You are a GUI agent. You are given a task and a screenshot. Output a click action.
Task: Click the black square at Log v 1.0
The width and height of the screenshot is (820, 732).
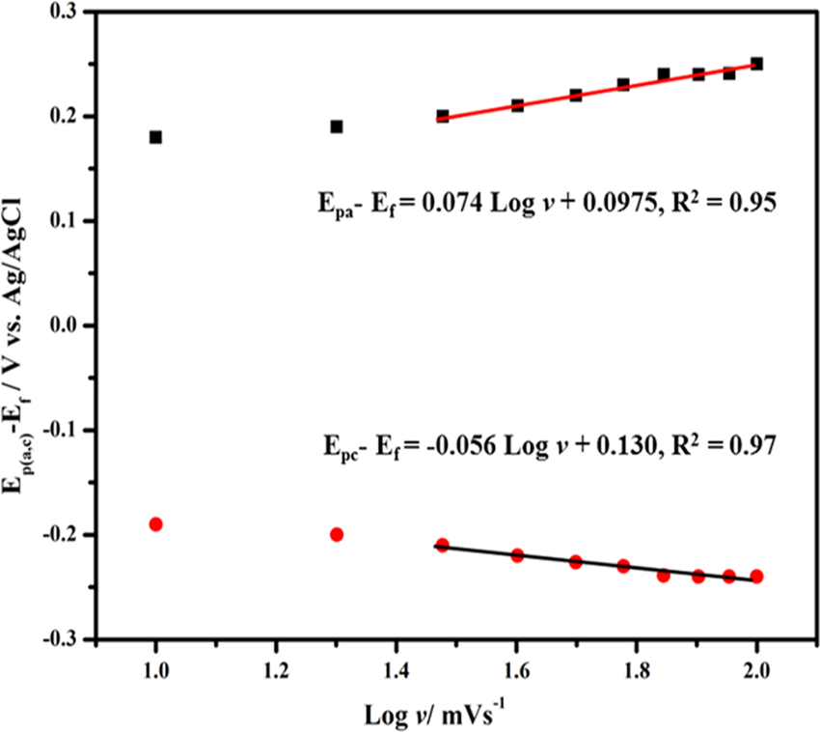pyautogui.click(x=155, y=137)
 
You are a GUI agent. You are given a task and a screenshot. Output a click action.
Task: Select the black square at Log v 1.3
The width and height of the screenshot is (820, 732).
pyautogui.click(x=337, y=127)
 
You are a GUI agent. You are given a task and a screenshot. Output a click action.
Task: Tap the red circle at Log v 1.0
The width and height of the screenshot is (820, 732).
pyautogui.click(x=155, y=524)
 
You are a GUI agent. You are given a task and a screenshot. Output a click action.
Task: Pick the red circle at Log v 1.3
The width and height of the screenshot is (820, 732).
pyautogui.click(x=337, y=534)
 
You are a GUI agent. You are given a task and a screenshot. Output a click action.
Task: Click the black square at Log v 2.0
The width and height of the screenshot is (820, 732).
pyautogui.click(x=756, y=64)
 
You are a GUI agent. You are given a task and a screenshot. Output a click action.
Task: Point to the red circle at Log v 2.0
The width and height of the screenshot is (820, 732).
pyautogui.click(x=756, y=577)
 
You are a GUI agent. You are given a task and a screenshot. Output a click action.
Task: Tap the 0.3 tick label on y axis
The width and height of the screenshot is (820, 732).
pyautogui.click(x=68, y=13)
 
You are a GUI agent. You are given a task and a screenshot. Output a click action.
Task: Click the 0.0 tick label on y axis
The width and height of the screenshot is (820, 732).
pyautogui.click(x=68, y=326)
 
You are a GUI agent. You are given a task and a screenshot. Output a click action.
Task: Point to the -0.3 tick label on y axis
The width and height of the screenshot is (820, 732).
pyautogui.click(x=65, y=639)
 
